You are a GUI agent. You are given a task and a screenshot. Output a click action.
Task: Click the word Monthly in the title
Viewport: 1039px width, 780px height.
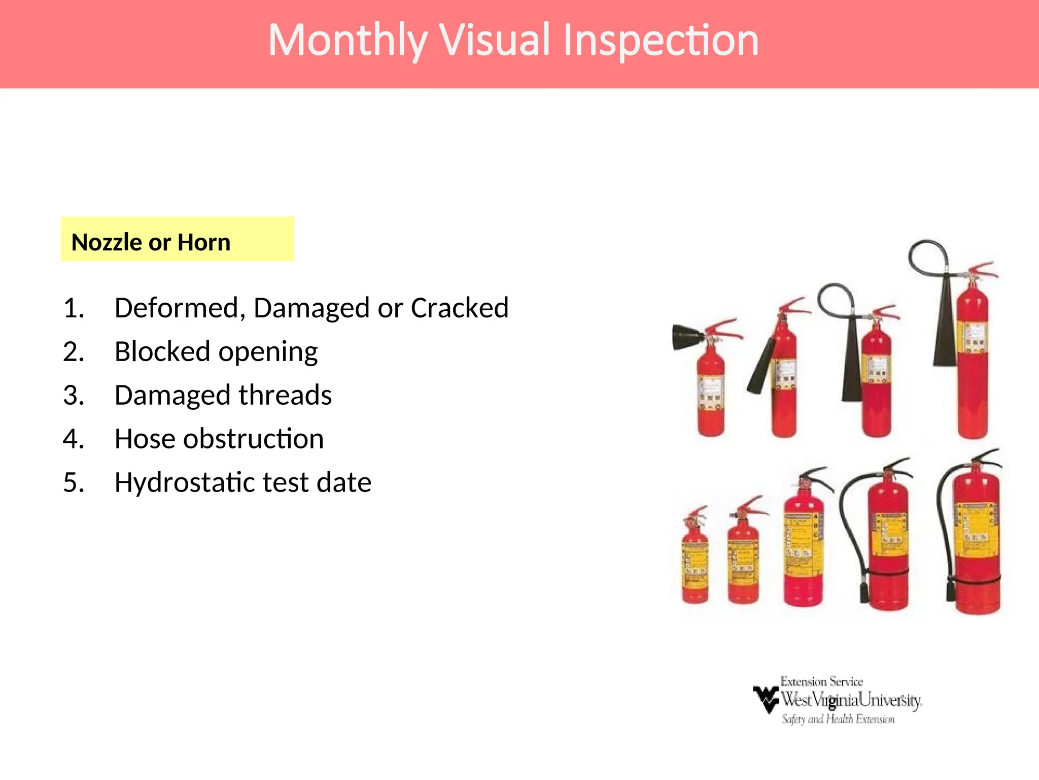coord(347,41)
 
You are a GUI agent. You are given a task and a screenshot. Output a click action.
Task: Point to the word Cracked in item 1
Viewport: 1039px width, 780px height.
coord(459,308)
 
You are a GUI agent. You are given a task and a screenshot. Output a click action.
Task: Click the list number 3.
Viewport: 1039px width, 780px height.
coord(73,395)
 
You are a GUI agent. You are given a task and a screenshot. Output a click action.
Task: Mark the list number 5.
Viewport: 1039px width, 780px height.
coord(73,482)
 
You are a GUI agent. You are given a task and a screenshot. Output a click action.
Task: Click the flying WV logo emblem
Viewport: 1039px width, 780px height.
coord(766,699)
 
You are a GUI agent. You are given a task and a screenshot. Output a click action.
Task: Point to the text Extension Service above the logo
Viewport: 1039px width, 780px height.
coord(821,681)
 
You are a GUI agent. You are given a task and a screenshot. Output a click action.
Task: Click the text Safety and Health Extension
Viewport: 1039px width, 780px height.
coord(838,719)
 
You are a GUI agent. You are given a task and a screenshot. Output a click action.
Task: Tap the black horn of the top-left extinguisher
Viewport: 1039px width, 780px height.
coord(687,336)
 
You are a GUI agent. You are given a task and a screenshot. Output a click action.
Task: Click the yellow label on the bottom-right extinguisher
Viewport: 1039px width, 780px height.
coord(977,528)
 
